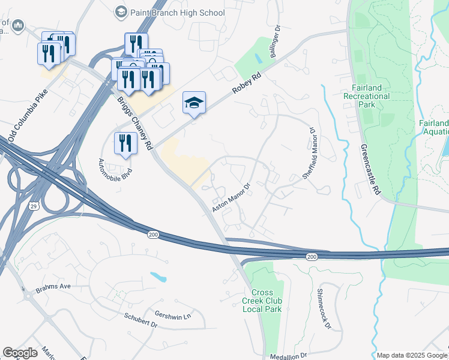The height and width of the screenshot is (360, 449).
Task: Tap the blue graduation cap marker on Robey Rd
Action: [194, 104]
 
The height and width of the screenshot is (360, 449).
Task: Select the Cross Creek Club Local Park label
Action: [262, 301]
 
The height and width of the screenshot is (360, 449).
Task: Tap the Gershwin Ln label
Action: [172, 316]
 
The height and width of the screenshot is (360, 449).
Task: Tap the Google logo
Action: [20, 353]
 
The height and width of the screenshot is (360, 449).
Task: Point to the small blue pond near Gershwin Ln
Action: [158, 277]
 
